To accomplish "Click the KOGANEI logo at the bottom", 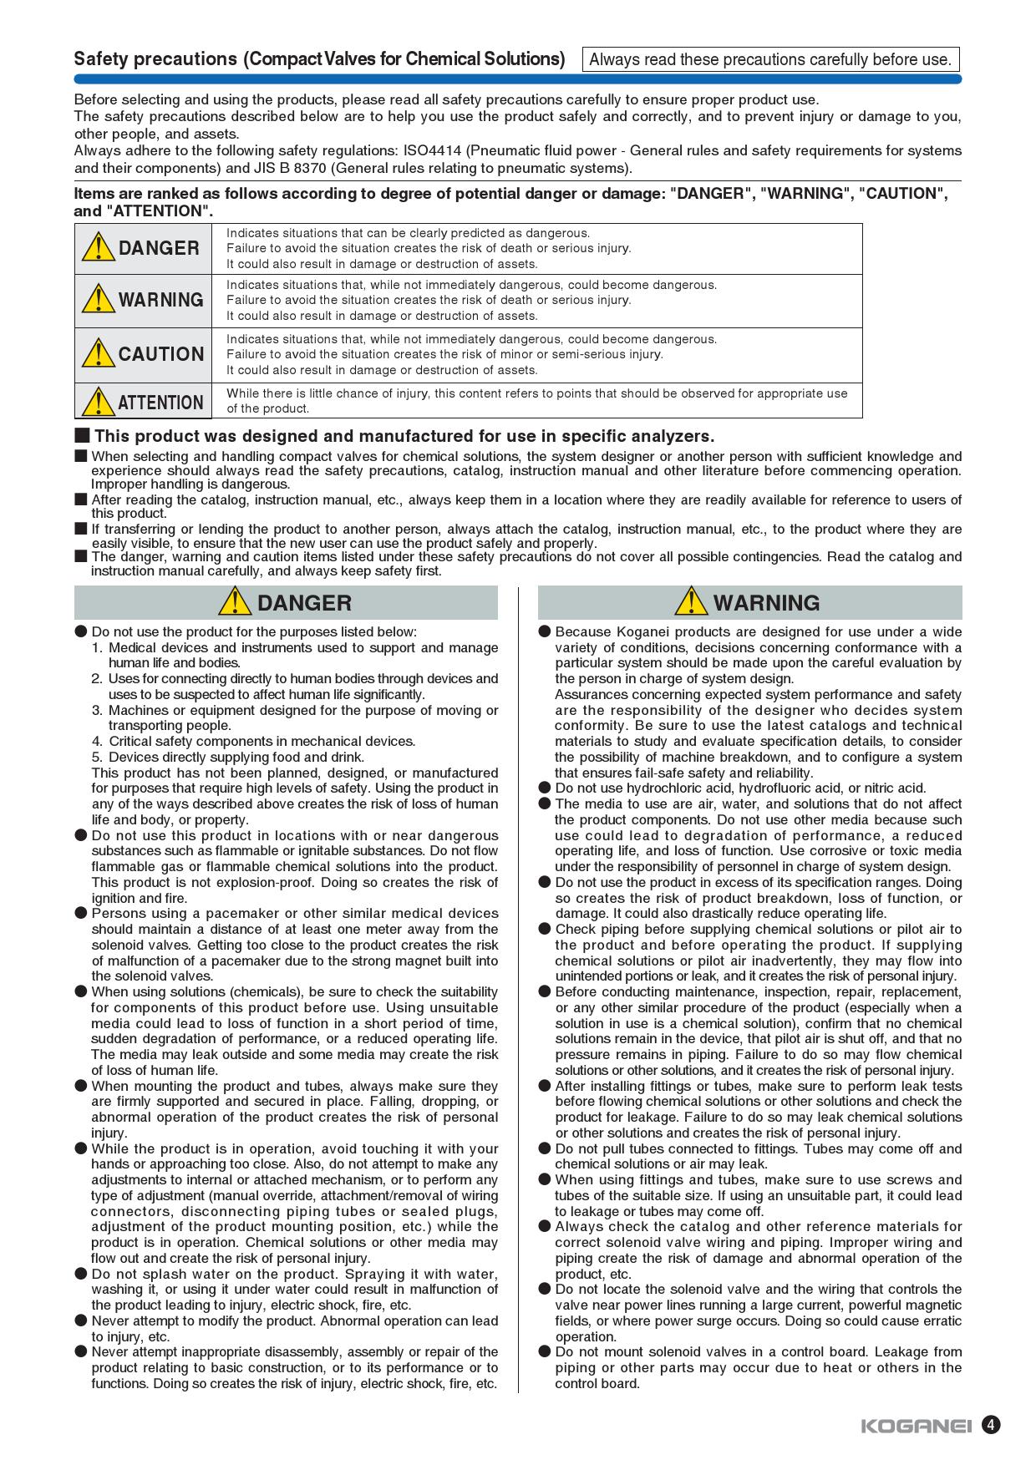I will tap(916, 1427).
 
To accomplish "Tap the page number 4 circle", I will tap(991, 1425).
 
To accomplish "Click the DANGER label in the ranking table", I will tap(159, 248).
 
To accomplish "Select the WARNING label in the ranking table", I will tap(160, 300).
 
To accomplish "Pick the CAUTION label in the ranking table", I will tap(161, 354).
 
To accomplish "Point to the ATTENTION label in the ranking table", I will tap(160, 403).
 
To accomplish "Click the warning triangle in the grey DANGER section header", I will tap(237, 601).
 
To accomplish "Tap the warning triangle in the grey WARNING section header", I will tap(693, 601).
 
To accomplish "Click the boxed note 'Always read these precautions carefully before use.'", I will tap(769, 59).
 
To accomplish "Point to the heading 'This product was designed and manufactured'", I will tap(404, 436).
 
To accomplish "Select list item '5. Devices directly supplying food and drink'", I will tap(228, 758).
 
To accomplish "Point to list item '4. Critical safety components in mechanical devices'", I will tap(254, 742).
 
